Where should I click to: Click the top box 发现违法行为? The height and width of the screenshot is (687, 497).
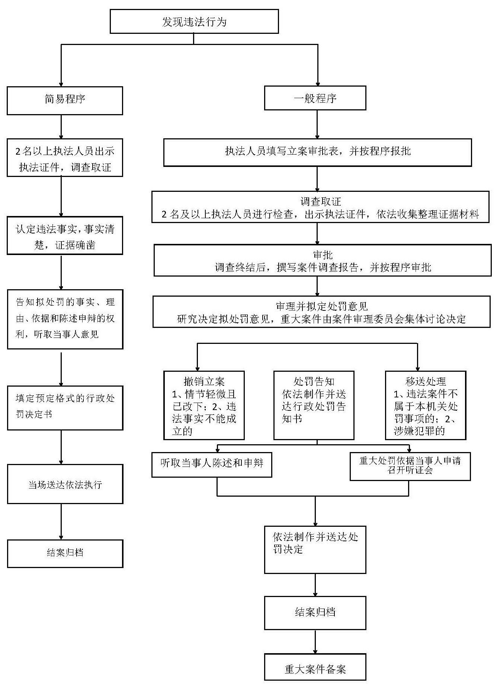click(194, 22)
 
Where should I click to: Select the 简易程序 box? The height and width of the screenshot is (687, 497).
click(65, 100)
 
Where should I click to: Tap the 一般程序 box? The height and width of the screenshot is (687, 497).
click(315, 98)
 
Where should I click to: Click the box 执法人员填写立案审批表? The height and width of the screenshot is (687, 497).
click(317, 152)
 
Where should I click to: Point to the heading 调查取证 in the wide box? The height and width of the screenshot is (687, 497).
click(320, 201)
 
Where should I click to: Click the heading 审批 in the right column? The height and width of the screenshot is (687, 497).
click(323, 255)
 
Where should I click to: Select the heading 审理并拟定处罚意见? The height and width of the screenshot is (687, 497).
click(321, 306)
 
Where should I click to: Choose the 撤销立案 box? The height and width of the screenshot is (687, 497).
click(204, 405)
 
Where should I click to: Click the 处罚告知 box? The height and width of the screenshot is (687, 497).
click(314, 405)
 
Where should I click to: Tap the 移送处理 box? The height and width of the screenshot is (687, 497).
click(425, 405)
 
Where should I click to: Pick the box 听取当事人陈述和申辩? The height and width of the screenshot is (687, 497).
click(212, 464)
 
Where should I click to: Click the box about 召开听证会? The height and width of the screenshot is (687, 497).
click(410, 466)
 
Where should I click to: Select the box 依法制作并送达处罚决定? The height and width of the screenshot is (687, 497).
click(315, 549)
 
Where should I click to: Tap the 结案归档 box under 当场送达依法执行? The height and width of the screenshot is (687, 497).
click(65, 553)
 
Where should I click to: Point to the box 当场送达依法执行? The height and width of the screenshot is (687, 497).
click(65, 484)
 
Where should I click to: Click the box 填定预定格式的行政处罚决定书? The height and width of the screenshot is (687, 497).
click(65, 407)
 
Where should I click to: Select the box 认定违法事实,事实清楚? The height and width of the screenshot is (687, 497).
click(65, 236)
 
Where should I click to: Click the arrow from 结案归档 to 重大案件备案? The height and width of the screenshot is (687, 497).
click(315, 642)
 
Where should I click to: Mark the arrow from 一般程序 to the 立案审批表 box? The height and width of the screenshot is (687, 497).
click(317, 125)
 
